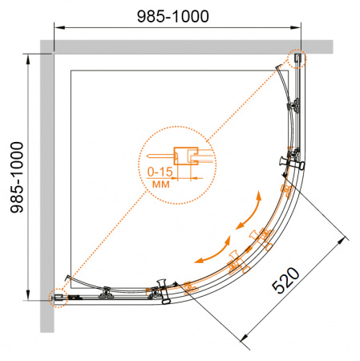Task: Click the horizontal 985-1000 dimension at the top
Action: point(173,16)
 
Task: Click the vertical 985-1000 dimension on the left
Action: point(17,177)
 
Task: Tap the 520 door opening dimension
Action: point(285,280)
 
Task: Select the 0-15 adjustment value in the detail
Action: point(160,172)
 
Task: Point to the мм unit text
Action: point(161,184)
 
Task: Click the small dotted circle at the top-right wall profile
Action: point(297,59)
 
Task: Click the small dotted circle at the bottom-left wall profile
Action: point(58,298)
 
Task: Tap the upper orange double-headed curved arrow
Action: point(249,210)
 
